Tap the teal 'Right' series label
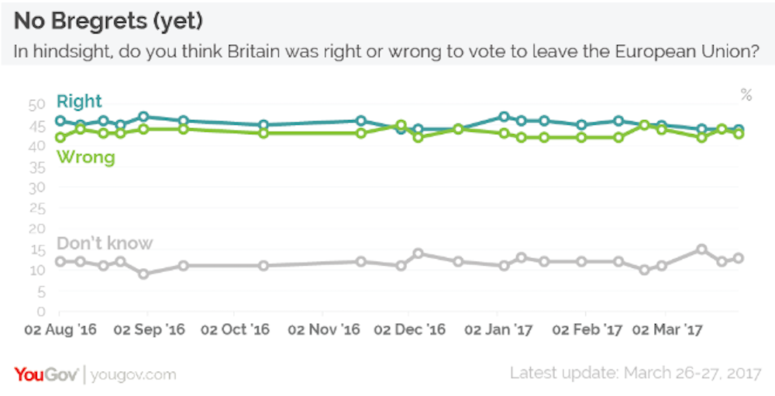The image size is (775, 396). pyautogui.click(x=79, y=102)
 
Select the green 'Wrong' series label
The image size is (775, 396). pyautogui.click(x=85, y=157)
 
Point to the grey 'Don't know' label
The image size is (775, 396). pyautogui.click(x=105, y=243)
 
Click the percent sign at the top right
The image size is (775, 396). pyautogui.click(x=746, y=95)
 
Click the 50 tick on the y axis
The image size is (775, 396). pyautogui.click(x=36, y=105)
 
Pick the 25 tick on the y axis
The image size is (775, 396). pyautogui.click(x=36, y=208)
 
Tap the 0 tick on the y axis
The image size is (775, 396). pyautogui.click(x=40, y=312)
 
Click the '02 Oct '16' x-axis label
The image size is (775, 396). pyautogui.click(x=235, y=330)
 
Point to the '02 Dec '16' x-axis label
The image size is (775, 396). pyautogui.click(x=410, y=330)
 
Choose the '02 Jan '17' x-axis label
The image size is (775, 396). pyautogui.click(x=498, y=330)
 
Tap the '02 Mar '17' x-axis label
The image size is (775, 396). pyautogui.click(x=668, y=330)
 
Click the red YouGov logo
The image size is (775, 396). pyautogui.click(x=46, y=374)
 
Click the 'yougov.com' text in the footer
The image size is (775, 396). pyautogui.click(x=133, y=375)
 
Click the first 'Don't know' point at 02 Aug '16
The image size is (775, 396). pyautogui.click(x=60, y=261)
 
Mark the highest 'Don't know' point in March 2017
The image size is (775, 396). pyautogui.click(x=701, y=249)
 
